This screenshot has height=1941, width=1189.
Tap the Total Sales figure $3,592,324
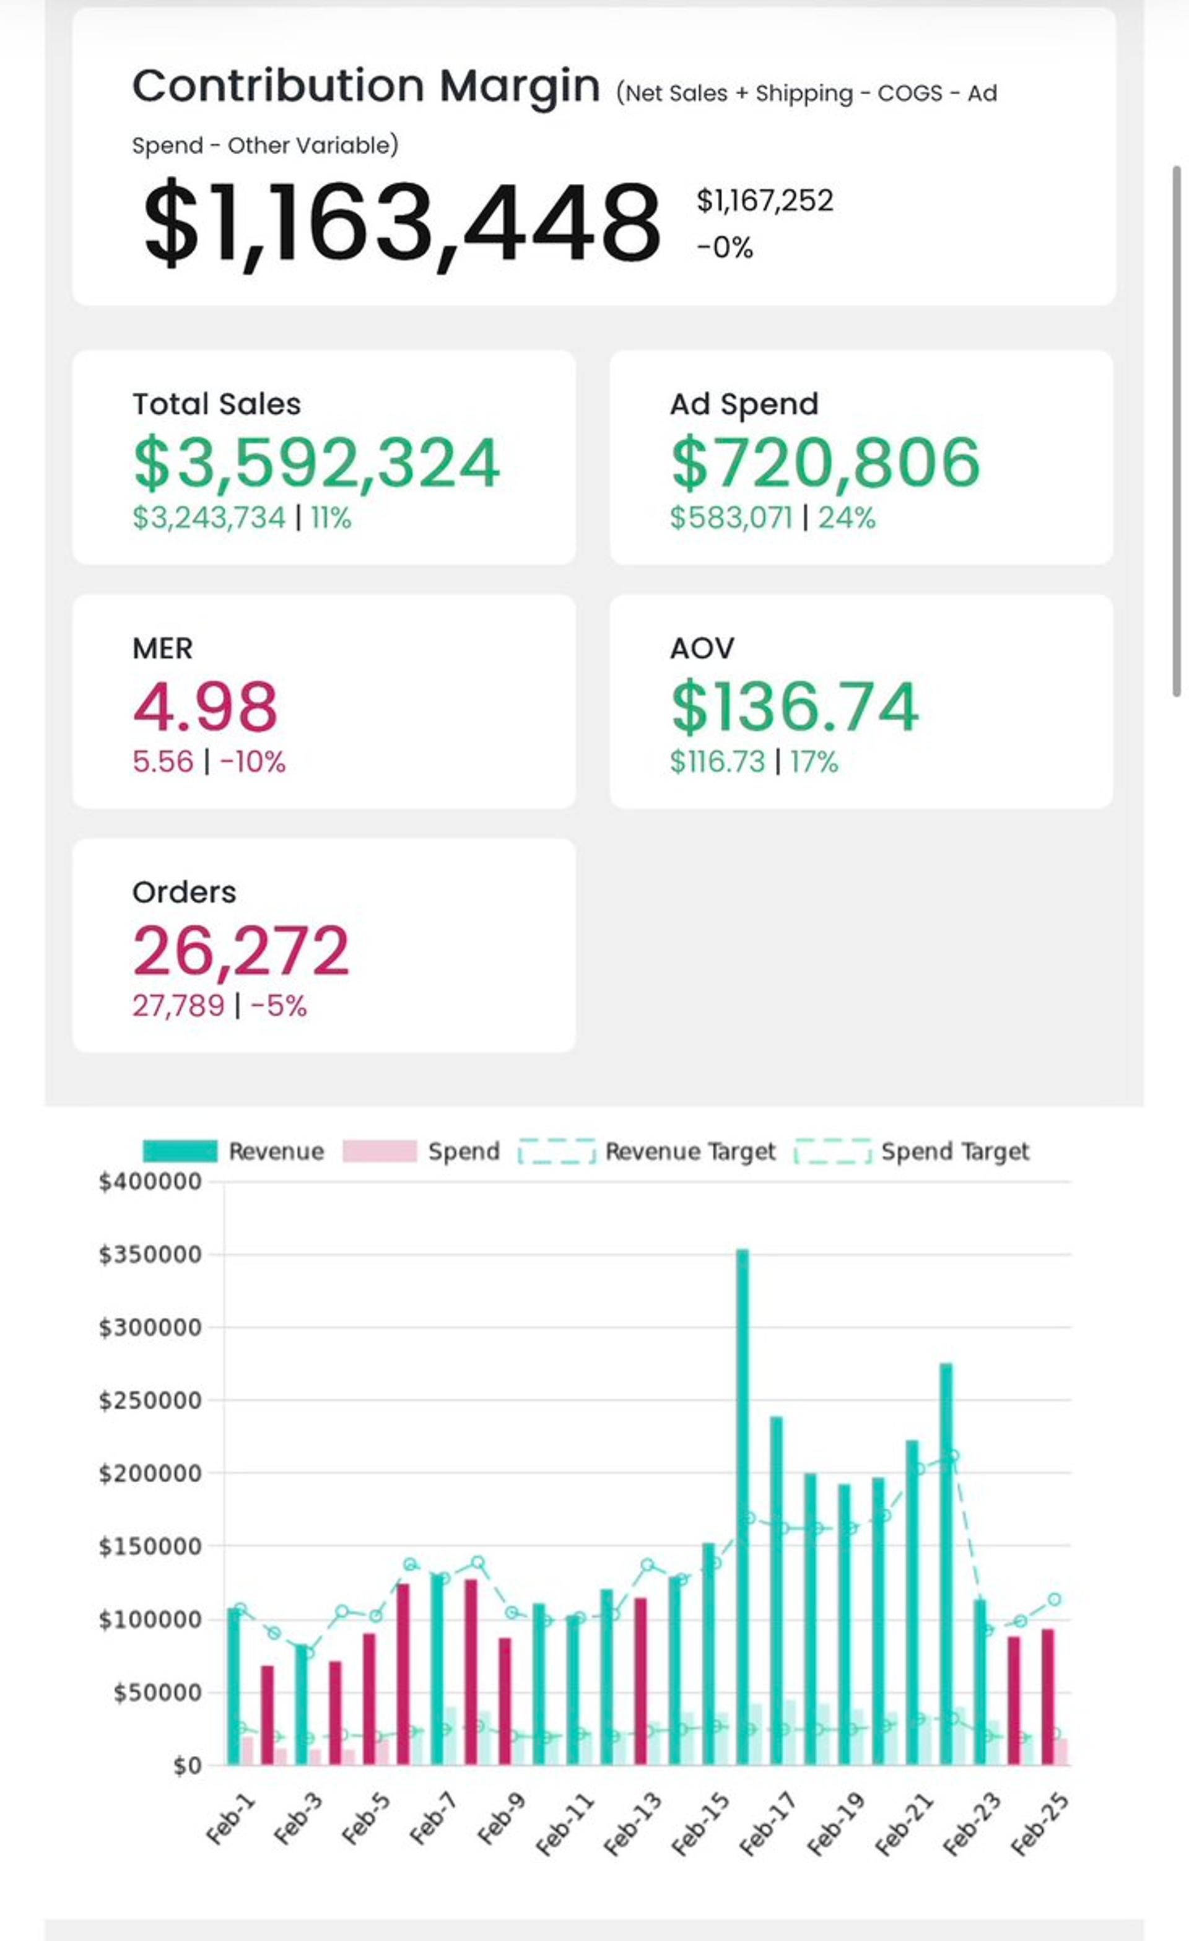coord(316,463)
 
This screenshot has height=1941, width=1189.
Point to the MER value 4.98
coord(205,707)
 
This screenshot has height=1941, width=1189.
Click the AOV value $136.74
coord(795,707)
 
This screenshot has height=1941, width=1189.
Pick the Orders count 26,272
coord(241,951)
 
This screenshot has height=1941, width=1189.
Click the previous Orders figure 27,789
coord(178,1006)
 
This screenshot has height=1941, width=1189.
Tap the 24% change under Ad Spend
coord(847,518)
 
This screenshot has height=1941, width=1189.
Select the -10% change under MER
coord(253,762)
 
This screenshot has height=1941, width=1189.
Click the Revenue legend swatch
coord(180,1151)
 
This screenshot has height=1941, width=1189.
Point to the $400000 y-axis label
coord(150,1182)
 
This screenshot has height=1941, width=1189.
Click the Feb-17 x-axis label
coord(768,1822)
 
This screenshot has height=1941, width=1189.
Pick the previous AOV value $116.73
coord(717,762)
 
